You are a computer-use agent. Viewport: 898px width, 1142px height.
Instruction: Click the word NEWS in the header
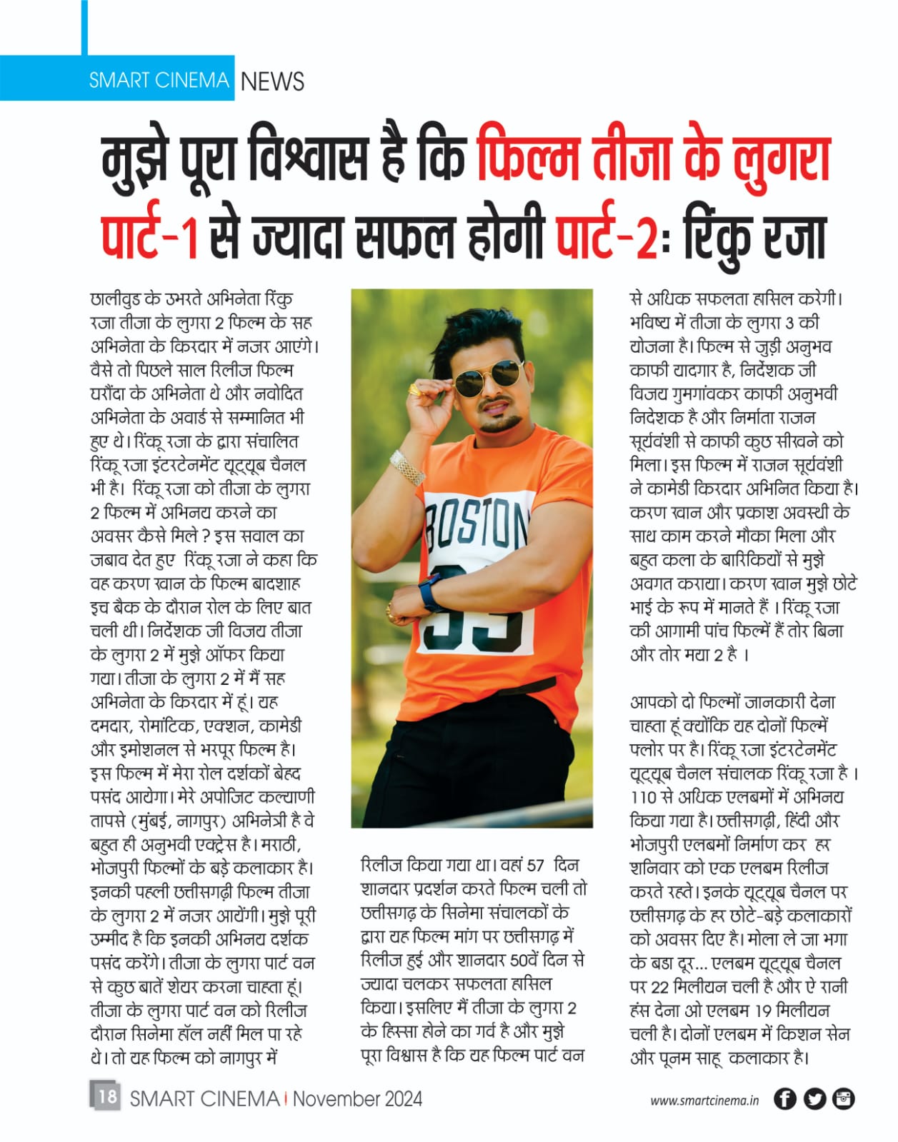coord(272,81)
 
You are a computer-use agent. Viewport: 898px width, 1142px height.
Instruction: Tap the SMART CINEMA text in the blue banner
coord(159,80)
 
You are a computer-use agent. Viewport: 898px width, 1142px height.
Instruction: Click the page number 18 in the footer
coord(106,1096)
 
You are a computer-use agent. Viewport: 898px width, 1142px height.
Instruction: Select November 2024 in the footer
coord(357,1098)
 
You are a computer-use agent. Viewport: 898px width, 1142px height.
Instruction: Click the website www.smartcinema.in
coord(704,1101)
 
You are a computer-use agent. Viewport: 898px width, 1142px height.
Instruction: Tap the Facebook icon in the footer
coord(785,1098)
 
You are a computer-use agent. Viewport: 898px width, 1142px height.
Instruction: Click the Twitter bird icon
coord(814,1098)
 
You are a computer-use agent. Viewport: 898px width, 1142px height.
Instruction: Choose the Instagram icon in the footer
coord(844,1098)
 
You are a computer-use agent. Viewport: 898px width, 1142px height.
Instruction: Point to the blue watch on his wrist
coord(430,592)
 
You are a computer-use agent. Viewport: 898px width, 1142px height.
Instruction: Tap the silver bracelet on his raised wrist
coord(407,468)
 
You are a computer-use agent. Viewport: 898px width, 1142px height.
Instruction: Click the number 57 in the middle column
coord(535,866)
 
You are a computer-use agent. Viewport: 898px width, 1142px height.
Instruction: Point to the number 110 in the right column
coord(644,797)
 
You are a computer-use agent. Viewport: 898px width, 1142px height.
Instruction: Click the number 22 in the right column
coord(660,987)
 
